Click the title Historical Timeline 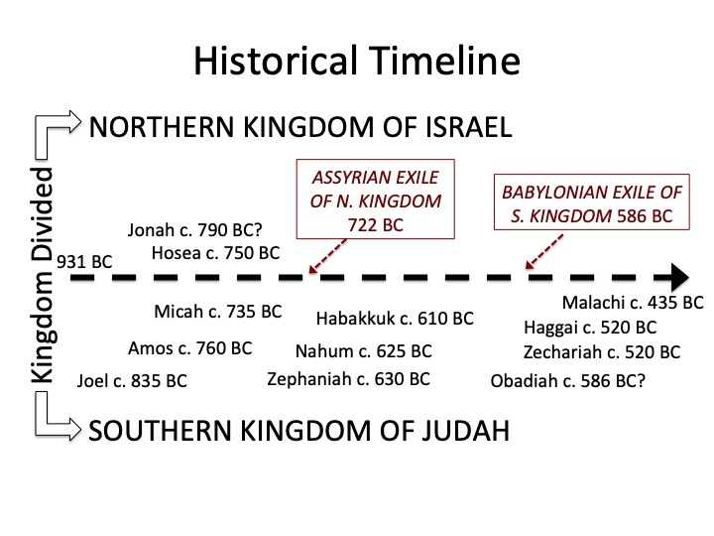357,62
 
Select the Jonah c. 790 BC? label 196,231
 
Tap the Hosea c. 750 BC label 216,253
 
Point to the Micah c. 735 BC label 218,312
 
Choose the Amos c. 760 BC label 190,348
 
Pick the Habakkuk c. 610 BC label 395,319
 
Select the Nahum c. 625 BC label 364,351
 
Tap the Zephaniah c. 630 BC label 348,378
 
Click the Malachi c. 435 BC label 632,303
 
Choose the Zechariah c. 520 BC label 602,352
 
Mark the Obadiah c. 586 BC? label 568,379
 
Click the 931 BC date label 84,262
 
